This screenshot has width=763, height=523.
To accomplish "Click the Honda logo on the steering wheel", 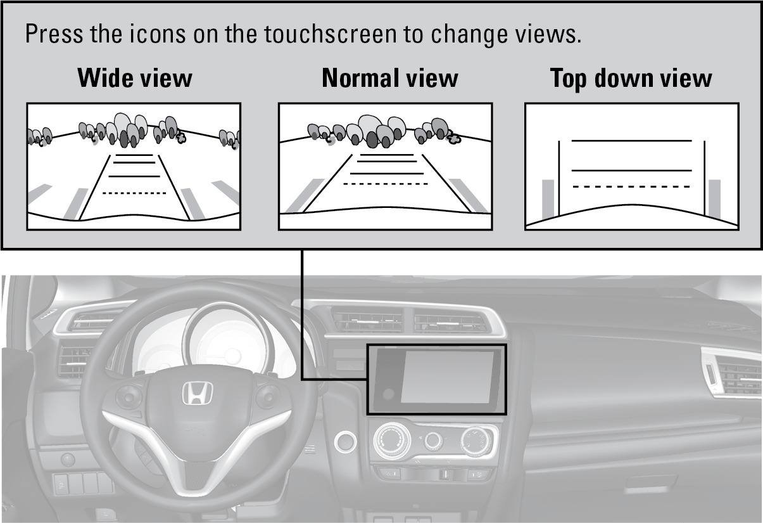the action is coord(197,393).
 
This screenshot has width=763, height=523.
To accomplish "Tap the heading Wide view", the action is coord(135,78).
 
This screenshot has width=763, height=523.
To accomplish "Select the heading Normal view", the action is coord(390,78).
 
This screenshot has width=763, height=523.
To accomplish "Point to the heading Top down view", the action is coord(631,79).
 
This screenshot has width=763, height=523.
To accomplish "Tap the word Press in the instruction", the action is coord(54,34).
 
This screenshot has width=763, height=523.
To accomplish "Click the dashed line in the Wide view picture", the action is coord(134,193).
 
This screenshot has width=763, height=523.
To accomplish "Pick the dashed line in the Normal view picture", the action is coord(385,184).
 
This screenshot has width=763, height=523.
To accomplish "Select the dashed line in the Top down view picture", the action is coord(631,186).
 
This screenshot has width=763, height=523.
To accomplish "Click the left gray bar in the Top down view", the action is coord(548,199).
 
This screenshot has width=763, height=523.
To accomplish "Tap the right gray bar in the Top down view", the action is coord(715,198).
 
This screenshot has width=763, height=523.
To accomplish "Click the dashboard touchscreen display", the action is coord(447,377).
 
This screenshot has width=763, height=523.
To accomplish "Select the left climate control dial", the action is coord(391,440).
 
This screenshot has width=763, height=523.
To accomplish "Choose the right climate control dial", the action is coord(476,441).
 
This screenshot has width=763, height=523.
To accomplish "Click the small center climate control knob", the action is coord(434,440).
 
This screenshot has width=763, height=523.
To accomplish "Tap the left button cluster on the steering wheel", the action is coord(129,397).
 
